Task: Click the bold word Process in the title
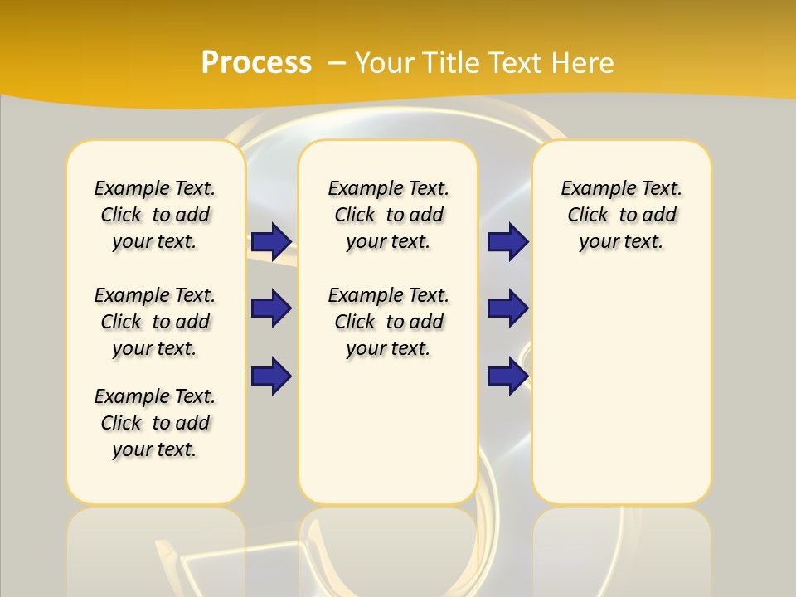(256, 63)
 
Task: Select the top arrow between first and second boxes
(270, 242)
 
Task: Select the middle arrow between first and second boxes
(270, 308)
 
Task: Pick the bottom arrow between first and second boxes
(270, 376)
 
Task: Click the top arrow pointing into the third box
(507, 242)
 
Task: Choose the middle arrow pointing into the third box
(507, 308)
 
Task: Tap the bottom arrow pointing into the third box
(507, 376)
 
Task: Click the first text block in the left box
(155, 215)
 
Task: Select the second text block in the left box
(155, 322)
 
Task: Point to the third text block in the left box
(155, 423)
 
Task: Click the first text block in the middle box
(389, 215)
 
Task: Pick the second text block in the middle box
(389, 322)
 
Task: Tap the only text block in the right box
(622, 215)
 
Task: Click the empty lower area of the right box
(622, 390)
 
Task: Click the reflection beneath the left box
(156, 547)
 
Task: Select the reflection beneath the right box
(622, 547)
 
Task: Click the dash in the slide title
(336, 63)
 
